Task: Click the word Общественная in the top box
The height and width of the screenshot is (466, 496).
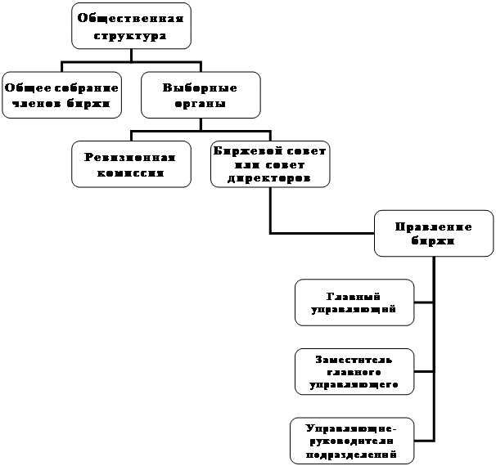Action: (x=131, y=18)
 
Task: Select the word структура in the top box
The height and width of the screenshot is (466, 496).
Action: (x=130, y=36)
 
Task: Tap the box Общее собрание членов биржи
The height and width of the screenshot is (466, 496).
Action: (x=61, y=95)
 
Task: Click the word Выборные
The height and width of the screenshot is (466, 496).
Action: (x=200, y=87)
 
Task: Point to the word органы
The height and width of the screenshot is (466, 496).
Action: (x=201, y=104)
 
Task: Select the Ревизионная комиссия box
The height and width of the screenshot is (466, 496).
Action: (x=131, y=164)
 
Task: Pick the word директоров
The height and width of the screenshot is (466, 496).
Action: (x=269, y=179)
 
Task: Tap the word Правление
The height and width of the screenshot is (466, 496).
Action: (x=433, y=226)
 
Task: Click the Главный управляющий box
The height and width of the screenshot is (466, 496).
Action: (x=354, y=302)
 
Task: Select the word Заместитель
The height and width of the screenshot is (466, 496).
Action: (x=354, y=360)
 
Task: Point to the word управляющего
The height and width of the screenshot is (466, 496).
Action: (x=354, y=385)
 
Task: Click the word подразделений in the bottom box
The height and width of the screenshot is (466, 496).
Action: (x=351, y=455)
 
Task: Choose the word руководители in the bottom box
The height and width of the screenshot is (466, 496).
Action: (x=351, y=441)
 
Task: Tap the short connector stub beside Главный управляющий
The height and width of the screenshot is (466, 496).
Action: (x=424, y=302)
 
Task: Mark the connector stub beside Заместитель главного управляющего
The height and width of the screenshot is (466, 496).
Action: (x=424, y=371)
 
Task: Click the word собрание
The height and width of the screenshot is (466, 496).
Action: (x=87, y=87)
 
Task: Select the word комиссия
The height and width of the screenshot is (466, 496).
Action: (x=131, y=173)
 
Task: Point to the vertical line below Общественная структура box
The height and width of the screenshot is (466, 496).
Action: (x=131, y=55)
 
